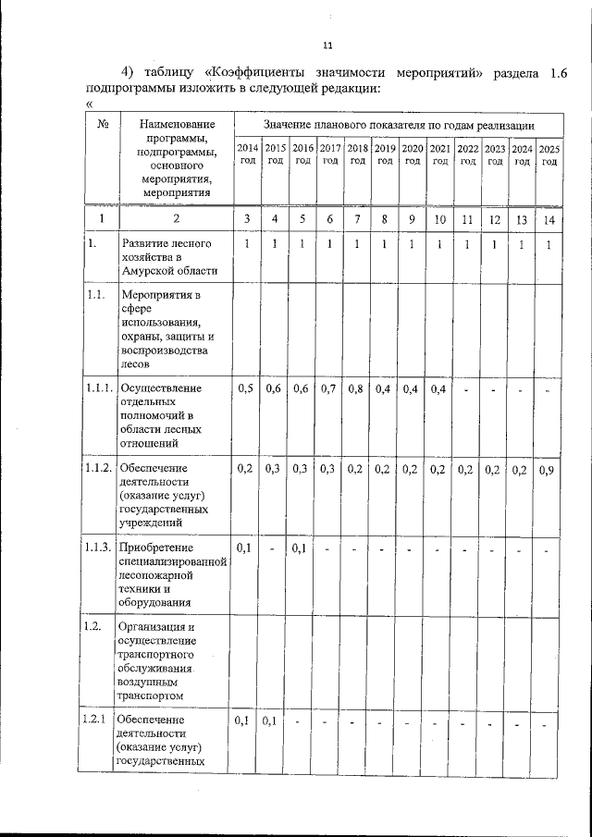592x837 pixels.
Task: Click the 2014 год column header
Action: (247, 154)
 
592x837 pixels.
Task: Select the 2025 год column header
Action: (549, 154)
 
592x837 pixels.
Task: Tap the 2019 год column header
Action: (385, 154)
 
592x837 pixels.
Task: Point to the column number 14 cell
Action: (549, 219)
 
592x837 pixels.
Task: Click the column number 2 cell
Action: (177, 219)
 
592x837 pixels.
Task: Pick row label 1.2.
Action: (92, 626)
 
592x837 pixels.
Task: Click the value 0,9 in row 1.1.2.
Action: (548, 470)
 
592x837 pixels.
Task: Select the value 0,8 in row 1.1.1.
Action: (356, 389)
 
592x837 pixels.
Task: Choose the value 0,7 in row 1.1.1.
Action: (329, 389)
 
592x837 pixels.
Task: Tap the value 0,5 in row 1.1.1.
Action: (246, 389)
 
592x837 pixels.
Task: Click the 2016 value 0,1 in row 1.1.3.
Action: (301, 549)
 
